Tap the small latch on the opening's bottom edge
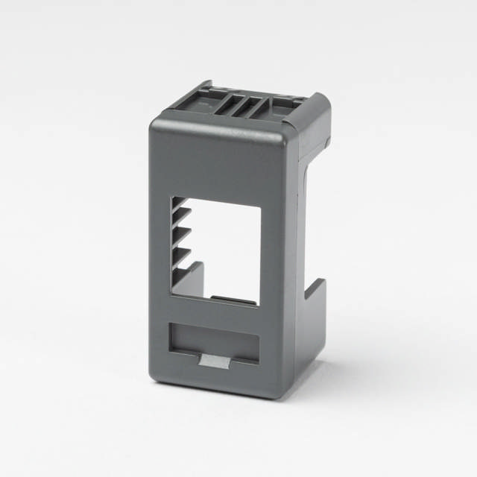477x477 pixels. [x=231, y=300]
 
